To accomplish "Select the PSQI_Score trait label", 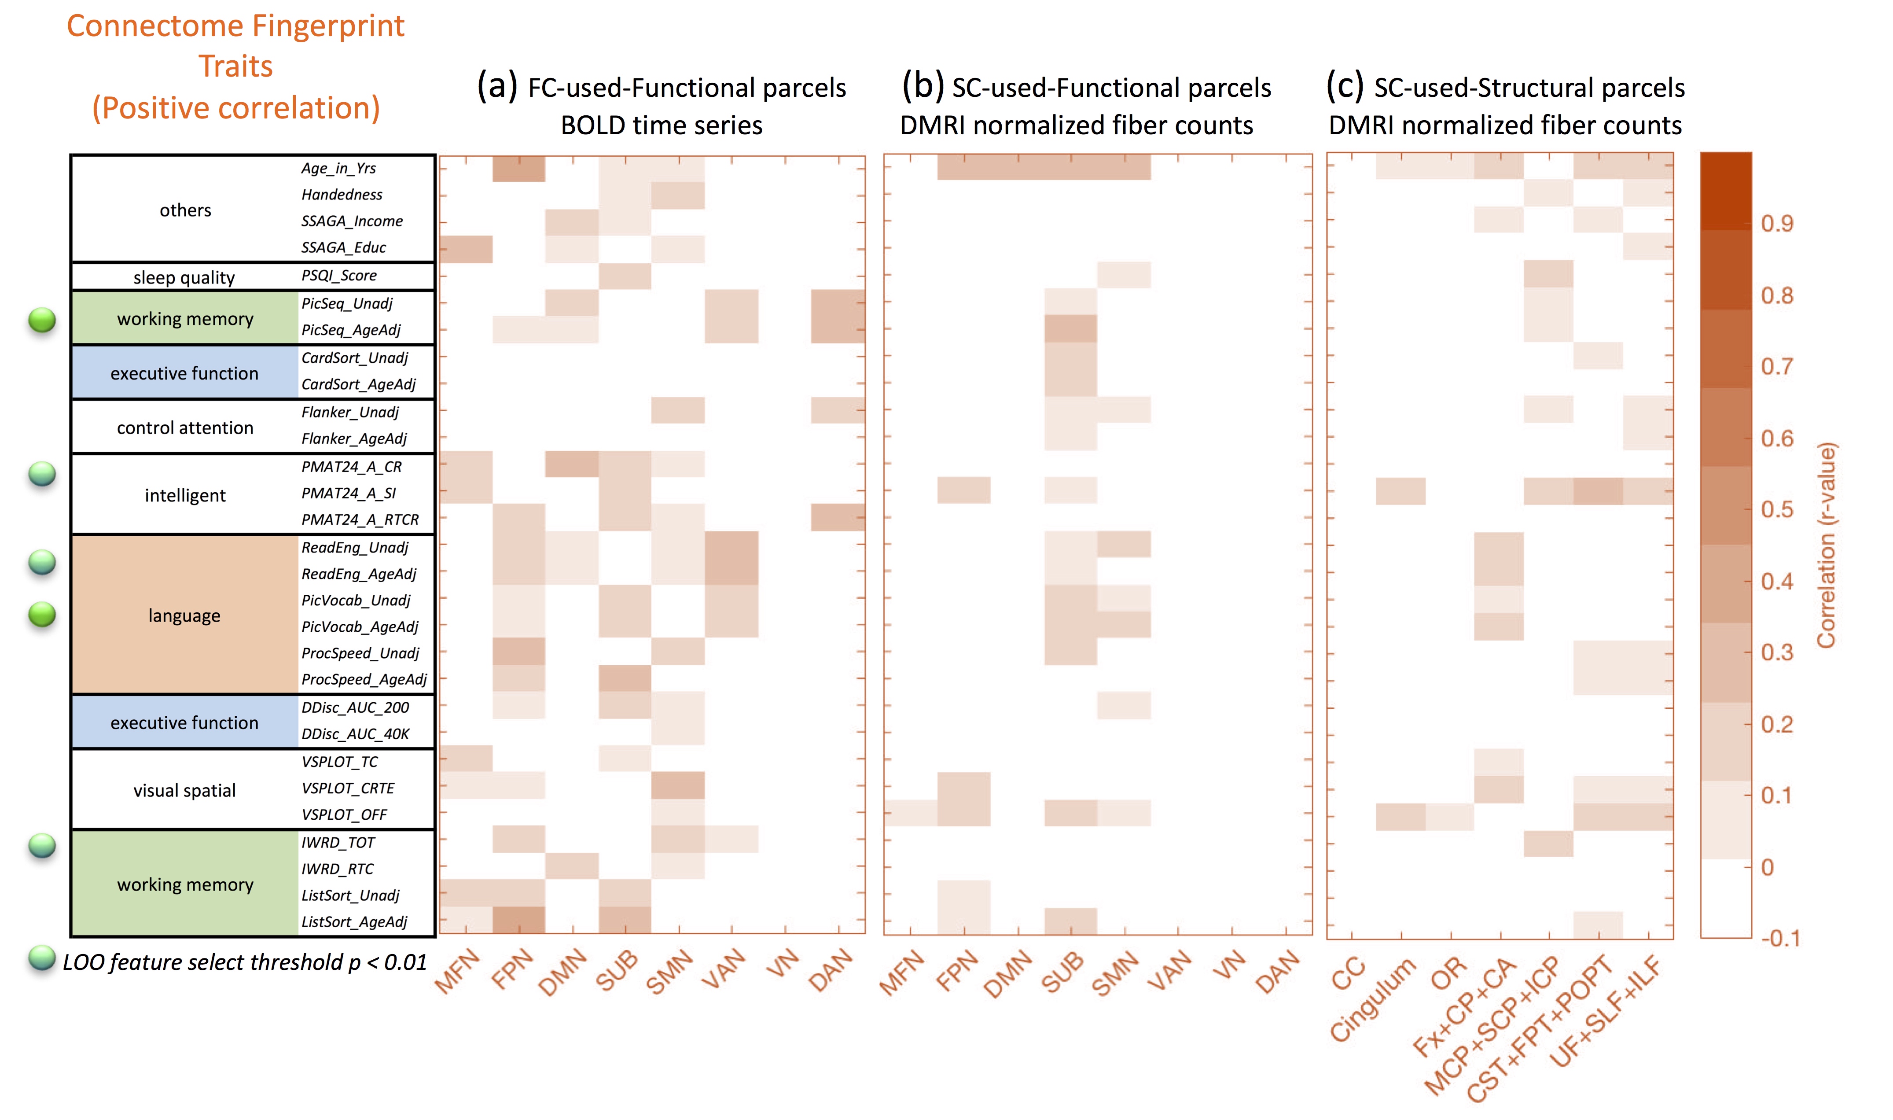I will [339, 276].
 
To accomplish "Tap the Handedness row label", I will [342, 195].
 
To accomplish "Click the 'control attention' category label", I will [185, 428].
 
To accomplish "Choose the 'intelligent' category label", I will [185, 495].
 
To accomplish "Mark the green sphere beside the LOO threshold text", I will [42, 958].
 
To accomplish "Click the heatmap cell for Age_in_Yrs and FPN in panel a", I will [519, 168].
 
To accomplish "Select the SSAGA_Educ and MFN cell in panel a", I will [466, 248].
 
